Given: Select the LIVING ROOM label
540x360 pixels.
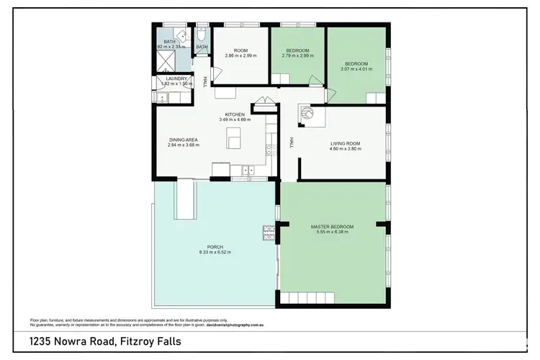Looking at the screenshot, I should (x=344, y=143).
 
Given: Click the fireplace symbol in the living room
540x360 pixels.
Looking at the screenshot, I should (x=307, y=114).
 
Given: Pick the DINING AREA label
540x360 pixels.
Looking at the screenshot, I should (x=183, y=140).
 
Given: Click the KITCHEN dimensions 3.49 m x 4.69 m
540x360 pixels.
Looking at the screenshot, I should (x=235, y=120).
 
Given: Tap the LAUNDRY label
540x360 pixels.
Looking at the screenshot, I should (x=176, y=78).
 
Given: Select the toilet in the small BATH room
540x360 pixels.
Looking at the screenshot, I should (x=202, y=35).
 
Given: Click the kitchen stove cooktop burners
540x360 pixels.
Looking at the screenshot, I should (x=269, y=150).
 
